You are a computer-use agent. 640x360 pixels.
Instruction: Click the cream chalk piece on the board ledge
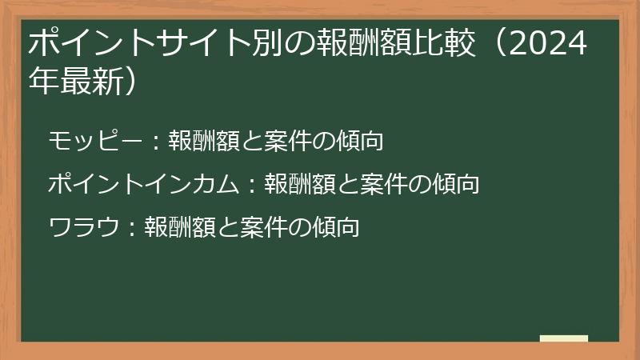click(x=563, y=338)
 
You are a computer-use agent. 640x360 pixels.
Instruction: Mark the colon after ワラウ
click(x=132, y=229)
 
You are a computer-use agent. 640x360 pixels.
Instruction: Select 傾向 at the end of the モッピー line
click(x=361, y=142)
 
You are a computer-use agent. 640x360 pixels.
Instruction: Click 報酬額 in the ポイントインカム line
click(x=295, y=185)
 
